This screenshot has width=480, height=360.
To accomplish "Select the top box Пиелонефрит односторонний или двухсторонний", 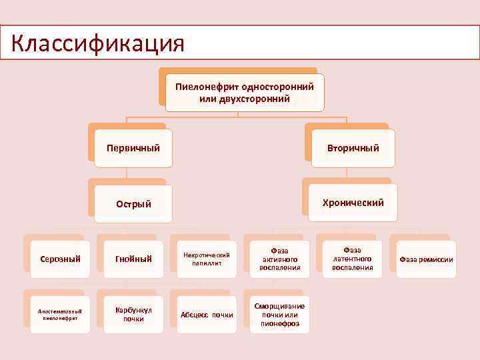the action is (x=244, y=92).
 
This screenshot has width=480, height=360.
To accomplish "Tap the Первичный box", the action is (x=133, y=147).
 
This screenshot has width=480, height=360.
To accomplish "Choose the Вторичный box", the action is (x=353, y=147).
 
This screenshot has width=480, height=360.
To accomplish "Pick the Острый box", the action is (x=133, y=203).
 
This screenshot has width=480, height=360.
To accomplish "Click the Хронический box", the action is (x=353, y=203).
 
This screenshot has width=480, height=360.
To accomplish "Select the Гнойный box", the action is (x=133, y=259).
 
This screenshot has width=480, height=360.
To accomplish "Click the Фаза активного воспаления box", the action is (x=280, y=259).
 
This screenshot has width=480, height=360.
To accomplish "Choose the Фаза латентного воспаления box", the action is (x=353, y=259).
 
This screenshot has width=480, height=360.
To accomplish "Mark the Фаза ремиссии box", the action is (x=426, y=259).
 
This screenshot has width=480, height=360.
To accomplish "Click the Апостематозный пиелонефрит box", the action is (x=59, y=314).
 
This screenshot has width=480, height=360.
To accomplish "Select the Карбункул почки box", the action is (x=133, y=314).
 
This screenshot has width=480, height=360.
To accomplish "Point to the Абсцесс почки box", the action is (x=207, y=314).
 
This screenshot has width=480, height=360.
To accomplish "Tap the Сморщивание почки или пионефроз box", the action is (x=280, y=314).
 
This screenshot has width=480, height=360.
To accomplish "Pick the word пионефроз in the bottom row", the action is (x=280, y=324).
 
